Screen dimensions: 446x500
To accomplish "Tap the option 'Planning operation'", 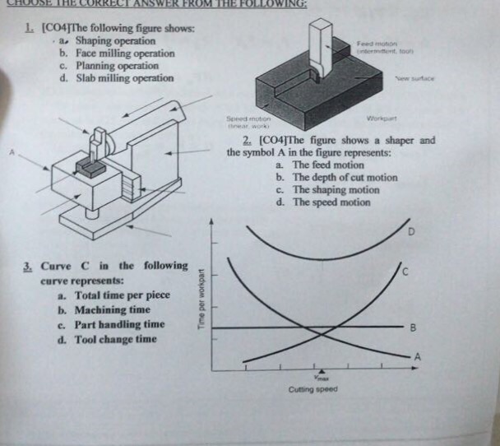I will (117, 66).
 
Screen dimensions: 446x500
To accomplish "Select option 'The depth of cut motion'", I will (345, 178).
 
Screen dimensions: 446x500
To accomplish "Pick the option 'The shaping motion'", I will (336, 190).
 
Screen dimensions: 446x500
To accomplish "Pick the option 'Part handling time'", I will (119, 324).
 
